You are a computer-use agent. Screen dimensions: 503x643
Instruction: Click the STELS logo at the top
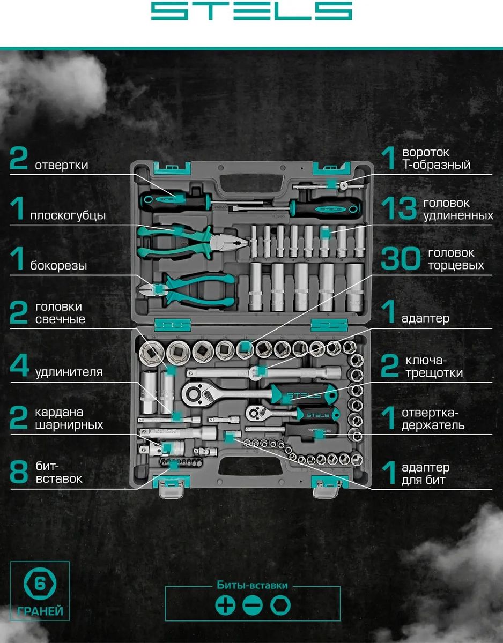tap(251, 11)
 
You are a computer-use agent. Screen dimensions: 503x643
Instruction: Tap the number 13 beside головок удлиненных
tap(399, 208)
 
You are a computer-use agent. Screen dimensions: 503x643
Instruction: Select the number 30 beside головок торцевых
tap(400, 259)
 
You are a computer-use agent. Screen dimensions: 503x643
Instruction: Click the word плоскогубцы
tap(68, 216)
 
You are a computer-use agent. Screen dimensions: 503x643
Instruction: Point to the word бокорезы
tap(58, 265)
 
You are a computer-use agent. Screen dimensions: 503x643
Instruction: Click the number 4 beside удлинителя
tap(19, 366)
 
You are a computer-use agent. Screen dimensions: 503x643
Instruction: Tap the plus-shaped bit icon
tap(225, 605)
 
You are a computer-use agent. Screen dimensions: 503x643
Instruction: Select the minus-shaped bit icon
tap(253, 605)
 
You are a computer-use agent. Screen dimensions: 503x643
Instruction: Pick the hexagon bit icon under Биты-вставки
tap(280, 605)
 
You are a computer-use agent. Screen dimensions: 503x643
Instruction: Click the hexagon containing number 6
tap(40, 584)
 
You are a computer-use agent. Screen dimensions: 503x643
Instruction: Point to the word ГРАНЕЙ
tap(40, 611)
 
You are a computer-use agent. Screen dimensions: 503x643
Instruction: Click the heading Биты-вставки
tap(252, 585)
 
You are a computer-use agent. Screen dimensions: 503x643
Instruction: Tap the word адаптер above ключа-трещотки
tap(425, 319)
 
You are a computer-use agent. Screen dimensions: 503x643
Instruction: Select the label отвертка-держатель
tap(433, 419)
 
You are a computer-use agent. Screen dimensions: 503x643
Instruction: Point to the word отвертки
tap(62, 165)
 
